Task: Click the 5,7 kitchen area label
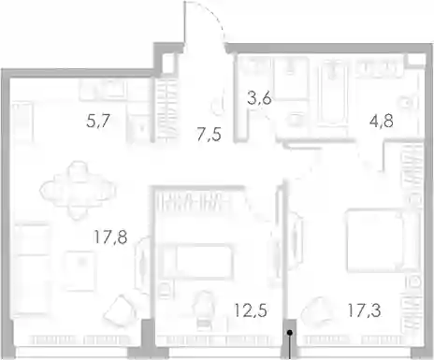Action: (x=98, y=121)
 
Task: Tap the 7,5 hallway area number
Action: (x=209, y=135)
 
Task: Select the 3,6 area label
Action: (x=259, y=98)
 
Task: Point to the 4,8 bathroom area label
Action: (x=382, y=121)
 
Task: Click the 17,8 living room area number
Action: (x=110, y=238)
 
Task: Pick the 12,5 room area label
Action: (x=251, y=310)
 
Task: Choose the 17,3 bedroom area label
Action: (x=364, y=310)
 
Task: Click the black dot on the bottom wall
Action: (x=290, y=333)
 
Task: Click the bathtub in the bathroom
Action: (x=333, y=94)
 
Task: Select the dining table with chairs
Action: (x=78, y=190)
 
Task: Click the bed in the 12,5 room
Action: (x=196, y=262)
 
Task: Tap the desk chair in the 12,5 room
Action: (x=204, y=310)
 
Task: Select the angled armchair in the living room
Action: (x=120, y=310)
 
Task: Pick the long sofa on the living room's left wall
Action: (x=31, y=268)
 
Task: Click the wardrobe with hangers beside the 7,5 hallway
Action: (x=166, y=110)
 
